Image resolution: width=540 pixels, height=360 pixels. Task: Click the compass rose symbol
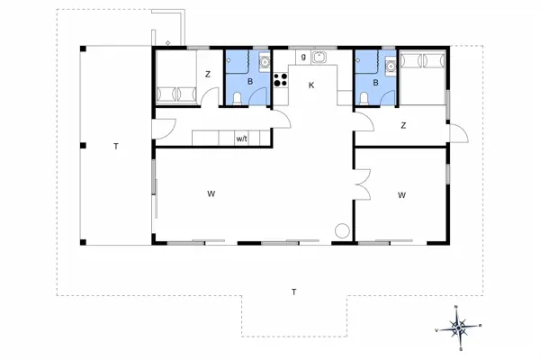459,326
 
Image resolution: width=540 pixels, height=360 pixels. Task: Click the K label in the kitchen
311,85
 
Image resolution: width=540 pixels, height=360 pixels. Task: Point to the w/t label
242,139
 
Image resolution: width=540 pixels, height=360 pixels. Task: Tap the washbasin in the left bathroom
264,63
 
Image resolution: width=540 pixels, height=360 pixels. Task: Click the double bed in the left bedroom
176,94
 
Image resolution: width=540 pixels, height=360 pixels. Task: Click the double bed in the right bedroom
423,60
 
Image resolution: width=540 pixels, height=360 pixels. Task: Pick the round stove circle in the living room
342,230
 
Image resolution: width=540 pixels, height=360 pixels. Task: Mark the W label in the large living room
211,193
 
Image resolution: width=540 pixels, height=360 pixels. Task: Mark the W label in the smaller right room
401,193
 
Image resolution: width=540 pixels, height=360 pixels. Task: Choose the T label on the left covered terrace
115,145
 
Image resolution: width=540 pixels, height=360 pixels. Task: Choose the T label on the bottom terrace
293,292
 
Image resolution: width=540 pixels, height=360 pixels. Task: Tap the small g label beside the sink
303,56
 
